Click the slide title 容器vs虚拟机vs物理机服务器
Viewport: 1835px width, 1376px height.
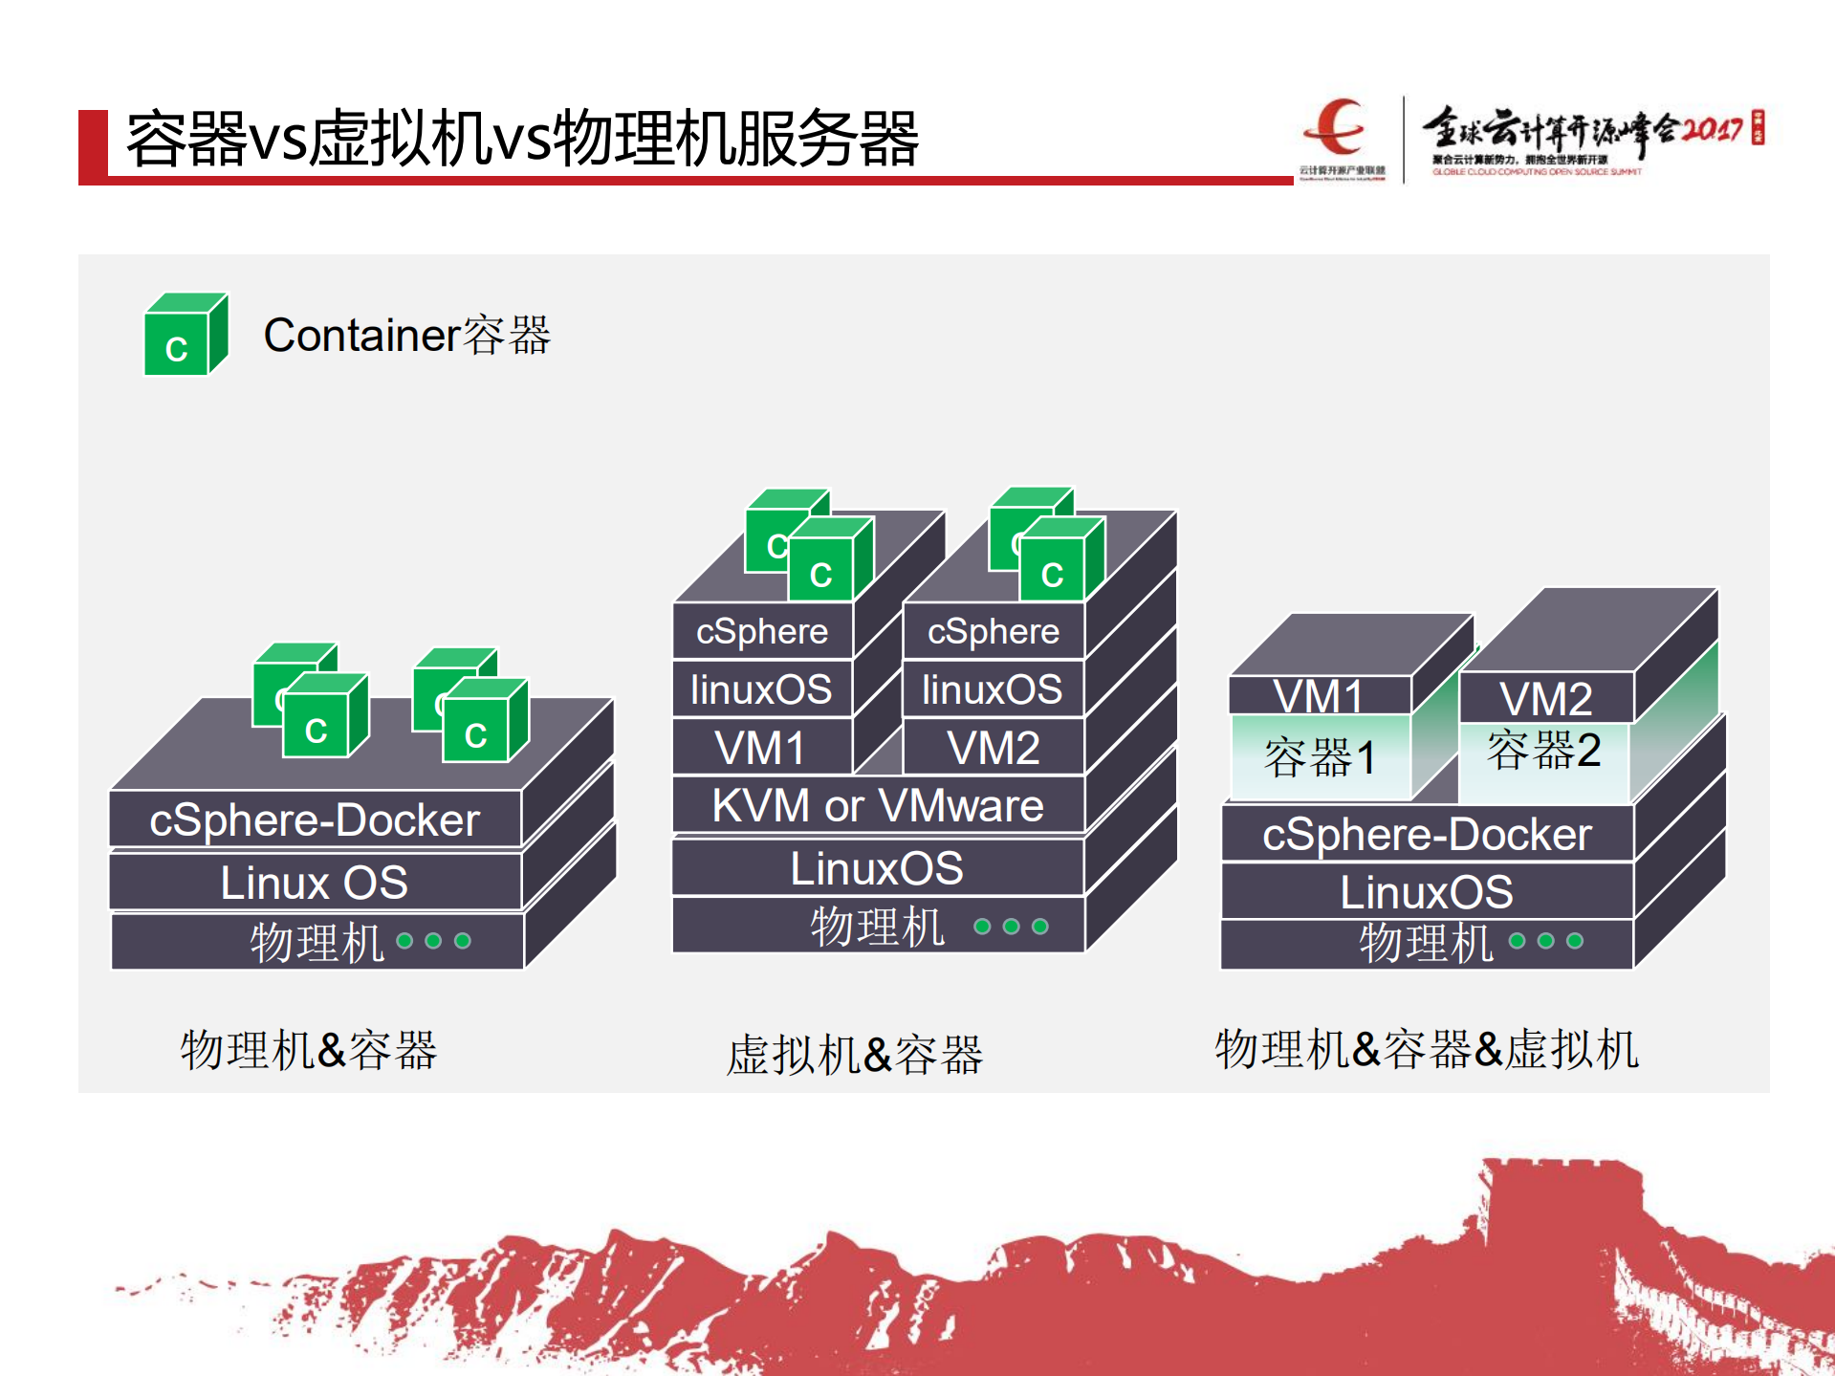click(x=522, y=140)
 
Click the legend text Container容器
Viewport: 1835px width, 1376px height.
click(x=406, y=336)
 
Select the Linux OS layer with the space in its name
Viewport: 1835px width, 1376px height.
click(x=315, y=882)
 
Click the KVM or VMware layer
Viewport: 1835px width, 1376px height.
click(x=877, y=805)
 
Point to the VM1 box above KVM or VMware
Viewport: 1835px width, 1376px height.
click(x=761, y=748)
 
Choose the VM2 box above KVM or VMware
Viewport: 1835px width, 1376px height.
click(x=993, y=748)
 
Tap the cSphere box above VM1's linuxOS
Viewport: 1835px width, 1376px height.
click(x=761, y=631)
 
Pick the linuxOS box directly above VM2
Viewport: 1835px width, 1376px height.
click(x=993, y=689)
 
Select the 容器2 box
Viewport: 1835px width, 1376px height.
click(x=1543, y=751)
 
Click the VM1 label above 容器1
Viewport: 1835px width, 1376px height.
click(x=1318, y=696)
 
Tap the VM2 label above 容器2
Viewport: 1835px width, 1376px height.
click(x=1545, y=699)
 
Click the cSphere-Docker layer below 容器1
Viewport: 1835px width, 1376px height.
click(x=1427, y=835)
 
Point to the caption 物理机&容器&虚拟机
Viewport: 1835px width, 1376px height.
click(x=1427, y=1049)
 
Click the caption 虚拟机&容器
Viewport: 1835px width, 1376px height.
click(x=854, y=1055)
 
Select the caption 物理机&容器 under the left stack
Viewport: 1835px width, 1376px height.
click(x=309, y=1050)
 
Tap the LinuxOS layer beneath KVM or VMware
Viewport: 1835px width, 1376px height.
click(x=877, y=868)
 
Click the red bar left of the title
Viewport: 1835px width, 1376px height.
click(x=93, y=145)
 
